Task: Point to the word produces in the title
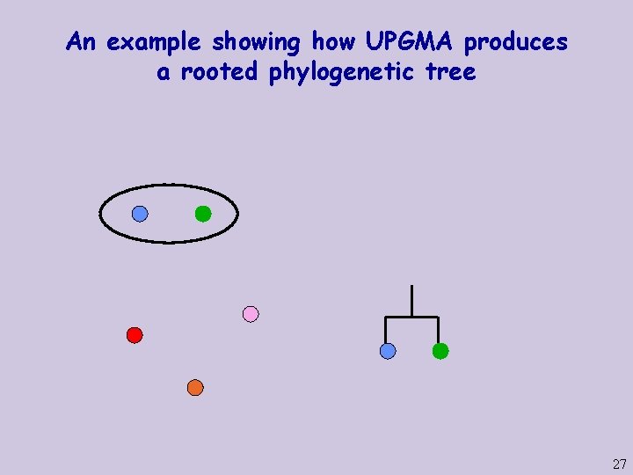[x=516, y=41]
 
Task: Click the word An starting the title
[x=81, y=41]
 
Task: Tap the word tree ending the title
[x=449, y=72]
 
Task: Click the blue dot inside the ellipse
[x=140, y=214]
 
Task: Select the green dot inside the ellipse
[x=203, y=213]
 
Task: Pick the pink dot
[x=251, y=314]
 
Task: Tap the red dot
[x=135, y=334]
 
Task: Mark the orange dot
[x=195, y=387]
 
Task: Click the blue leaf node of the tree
[x=388, y=351]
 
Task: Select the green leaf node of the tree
[x=440, y=351]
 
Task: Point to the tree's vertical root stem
[x=411, y=300]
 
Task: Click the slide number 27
[x=619, y=464]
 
